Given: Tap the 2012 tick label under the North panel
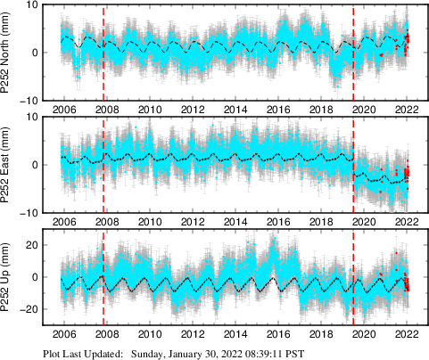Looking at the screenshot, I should (192, 110).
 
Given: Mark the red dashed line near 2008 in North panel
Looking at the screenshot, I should (104, 53).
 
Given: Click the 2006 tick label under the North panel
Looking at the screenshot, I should (63, 110).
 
